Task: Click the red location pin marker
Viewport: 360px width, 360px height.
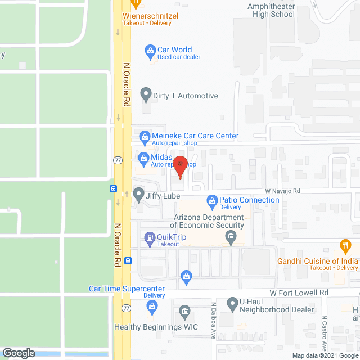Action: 180,167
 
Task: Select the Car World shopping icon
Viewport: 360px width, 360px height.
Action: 150,50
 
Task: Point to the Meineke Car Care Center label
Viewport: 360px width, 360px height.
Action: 195,136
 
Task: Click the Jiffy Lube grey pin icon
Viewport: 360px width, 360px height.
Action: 138,193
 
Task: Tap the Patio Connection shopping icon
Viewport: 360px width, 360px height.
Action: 212,200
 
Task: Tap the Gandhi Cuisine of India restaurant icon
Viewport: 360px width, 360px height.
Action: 345,245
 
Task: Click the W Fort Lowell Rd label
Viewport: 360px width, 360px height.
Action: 299,293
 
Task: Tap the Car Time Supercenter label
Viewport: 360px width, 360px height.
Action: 127,289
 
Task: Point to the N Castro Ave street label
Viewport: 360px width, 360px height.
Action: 325,332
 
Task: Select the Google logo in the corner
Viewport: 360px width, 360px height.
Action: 18,353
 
